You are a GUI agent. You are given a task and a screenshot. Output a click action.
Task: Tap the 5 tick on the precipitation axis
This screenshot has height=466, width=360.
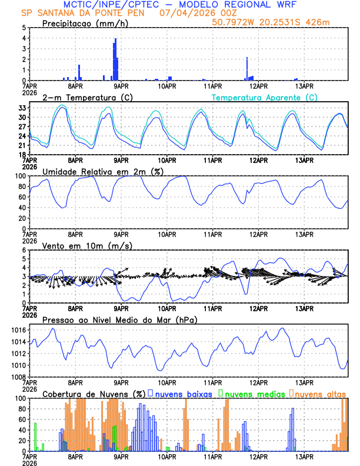coord(24,28)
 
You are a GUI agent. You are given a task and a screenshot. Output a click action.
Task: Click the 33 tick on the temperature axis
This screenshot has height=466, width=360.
coord(22,108)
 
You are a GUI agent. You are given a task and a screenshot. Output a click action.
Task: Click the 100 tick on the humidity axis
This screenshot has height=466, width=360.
coord(20,176)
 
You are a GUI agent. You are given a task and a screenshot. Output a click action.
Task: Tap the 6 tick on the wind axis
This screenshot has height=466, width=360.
coord(24,250)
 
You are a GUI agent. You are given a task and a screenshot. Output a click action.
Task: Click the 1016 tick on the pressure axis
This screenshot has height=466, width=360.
coord(18,331)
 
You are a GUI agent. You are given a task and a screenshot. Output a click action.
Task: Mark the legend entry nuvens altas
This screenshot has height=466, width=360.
coord(320,393)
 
